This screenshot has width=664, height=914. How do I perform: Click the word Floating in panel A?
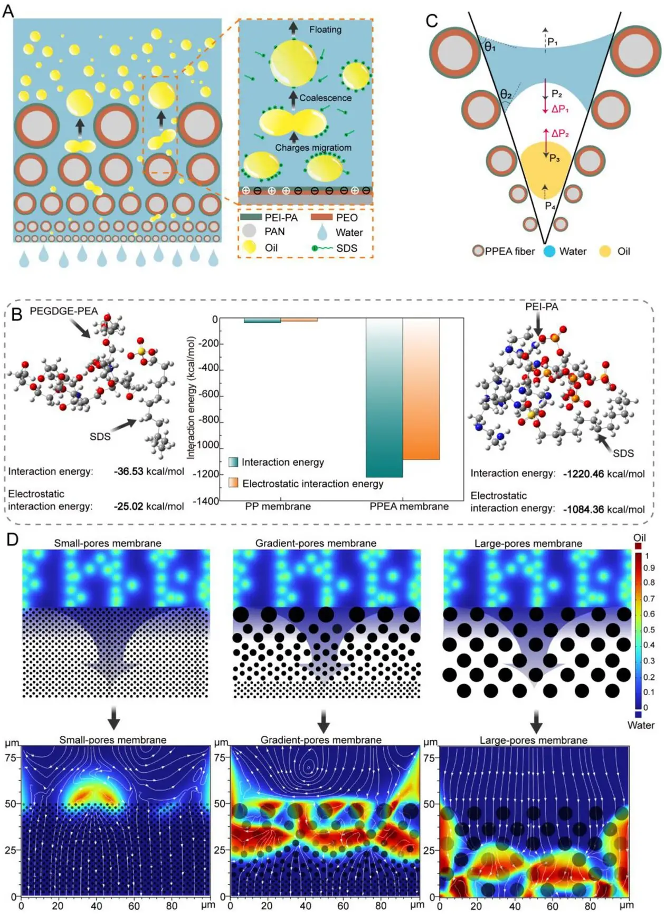(x=325, y=30)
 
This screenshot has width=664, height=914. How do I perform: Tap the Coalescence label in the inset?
(x=325, y=98)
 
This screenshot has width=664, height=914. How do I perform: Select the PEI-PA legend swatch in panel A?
(x=251, y=217)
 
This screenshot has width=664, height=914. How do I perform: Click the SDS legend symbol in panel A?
(x=321, y=248)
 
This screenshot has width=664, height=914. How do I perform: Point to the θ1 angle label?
(x=490, y=47)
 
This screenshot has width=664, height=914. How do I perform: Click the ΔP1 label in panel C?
(x=559, y=109)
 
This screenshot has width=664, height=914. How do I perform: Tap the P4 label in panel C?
(x=550, y=205)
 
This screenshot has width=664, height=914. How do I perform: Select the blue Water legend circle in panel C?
(x=549, y=252)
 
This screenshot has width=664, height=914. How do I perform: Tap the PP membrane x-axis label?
(x=278, y=506)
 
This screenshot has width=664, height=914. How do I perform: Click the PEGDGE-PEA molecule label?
(x=63, y=311)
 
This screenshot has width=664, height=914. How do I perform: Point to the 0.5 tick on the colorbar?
(x=649, y=630)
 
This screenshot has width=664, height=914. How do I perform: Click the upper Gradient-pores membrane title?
(x=316, y=543)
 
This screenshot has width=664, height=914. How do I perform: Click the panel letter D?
(x=12, y=539)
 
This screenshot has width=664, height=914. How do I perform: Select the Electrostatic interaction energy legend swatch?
(x=233, y=483)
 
